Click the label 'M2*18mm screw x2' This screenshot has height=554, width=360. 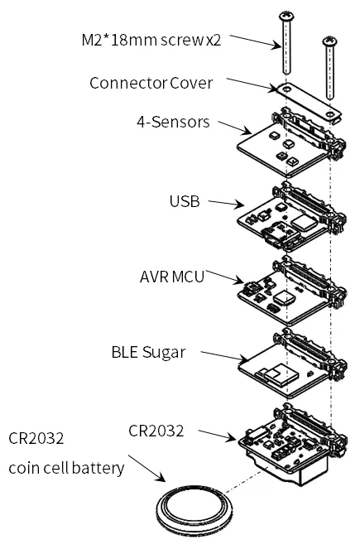click(151, 40)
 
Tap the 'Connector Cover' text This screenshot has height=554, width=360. click(151, 84)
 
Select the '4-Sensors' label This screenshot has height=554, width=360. click(173, 122)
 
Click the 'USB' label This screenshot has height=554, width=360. click(185, 201)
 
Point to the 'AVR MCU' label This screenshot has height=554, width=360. click(172, 277)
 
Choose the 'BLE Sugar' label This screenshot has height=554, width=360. click(148, 352)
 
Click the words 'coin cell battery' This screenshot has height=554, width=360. click(66, 468)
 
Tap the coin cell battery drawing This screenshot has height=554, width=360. click(194, 510)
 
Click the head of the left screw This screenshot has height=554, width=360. click(286, 16)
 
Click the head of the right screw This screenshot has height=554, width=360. click(329, 42)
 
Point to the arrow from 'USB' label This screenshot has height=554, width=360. click(226, 203)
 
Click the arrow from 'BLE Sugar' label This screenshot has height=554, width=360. click(224, 356)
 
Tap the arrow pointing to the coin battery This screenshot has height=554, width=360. click(146, 468)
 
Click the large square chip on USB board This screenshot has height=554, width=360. click(304, 222)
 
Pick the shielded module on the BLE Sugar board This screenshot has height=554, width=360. click(280, 373)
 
